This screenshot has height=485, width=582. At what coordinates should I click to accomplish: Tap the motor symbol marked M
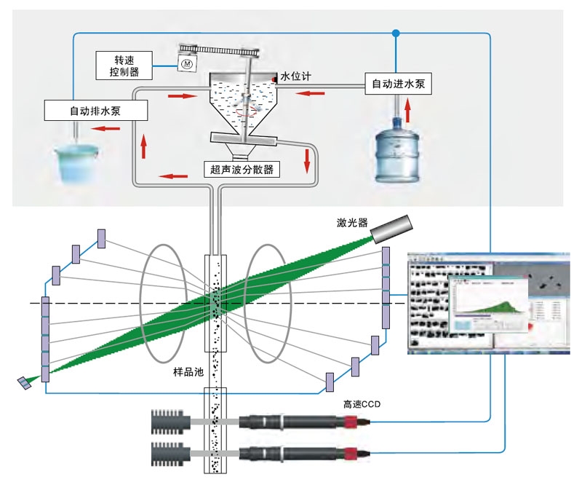[x=186, y=64]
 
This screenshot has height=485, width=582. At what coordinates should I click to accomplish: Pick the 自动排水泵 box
[x=95, y=111]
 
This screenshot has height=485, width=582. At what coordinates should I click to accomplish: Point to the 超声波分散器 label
[x=242, y=169]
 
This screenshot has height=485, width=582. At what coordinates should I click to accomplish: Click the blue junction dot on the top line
[x=396, y=33]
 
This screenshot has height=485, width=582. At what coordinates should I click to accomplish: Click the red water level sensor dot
[x=275, y=77]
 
